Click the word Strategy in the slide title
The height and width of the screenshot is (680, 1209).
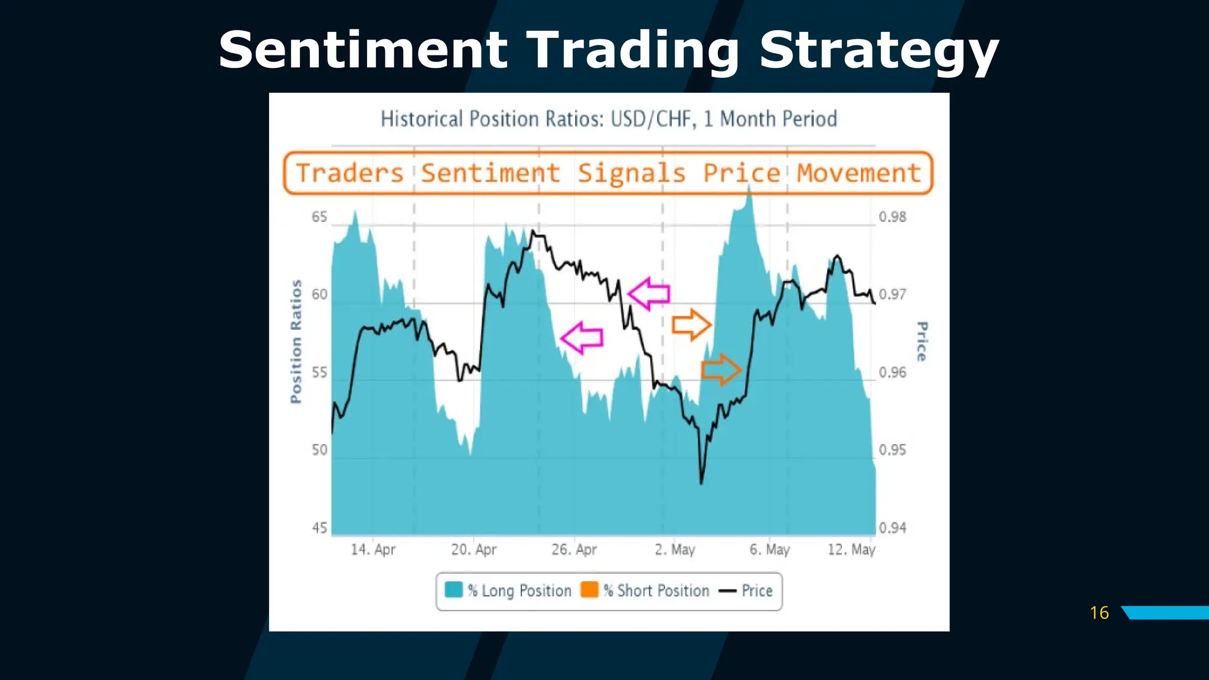(878, 51)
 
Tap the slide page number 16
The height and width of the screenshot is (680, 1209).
(1099, 613)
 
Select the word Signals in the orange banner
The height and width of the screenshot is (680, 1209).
(631, 174)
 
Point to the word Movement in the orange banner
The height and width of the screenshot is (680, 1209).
(859, 174)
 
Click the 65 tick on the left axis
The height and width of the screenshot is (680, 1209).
(319, 217)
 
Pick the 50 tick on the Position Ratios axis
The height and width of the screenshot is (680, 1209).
(319, 450)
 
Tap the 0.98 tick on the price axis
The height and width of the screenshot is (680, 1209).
(892, 217)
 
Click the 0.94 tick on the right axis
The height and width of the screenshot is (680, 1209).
(892, 528)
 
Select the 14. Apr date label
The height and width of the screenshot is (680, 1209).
(373, 550)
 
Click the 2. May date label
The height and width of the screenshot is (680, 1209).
(675, 550)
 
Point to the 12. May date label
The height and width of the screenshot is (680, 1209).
(851, 550)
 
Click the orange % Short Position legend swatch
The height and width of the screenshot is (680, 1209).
(589, 590)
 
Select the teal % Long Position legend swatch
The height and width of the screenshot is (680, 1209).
(453, 590)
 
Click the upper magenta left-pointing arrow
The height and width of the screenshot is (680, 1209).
(649, 293)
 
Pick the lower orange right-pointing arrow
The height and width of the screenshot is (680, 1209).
(721, 370)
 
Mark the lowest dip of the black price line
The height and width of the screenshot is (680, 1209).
(701, 482)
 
